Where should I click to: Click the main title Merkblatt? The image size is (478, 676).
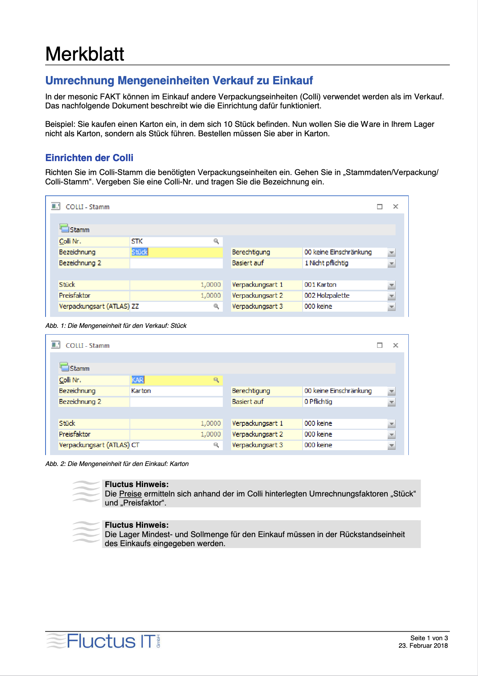pos(85,54)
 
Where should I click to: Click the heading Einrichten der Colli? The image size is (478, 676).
pos(89,158)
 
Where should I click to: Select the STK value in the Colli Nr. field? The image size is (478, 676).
pos(137,241)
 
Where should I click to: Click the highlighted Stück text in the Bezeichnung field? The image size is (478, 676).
pos(140,252)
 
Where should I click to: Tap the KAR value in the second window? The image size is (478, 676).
pos(138,380)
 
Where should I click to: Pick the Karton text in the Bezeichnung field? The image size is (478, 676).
pos(141,391)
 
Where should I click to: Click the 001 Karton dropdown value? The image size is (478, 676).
pos(320,285)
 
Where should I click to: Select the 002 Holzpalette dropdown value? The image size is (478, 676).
pos(327,295)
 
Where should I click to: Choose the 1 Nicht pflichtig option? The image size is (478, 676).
pos(326,263)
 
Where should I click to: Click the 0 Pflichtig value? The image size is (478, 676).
pos(318,402)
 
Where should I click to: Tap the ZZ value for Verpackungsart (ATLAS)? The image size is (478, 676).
pos(135,306)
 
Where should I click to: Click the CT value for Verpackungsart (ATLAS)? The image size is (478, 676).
pos(135,445)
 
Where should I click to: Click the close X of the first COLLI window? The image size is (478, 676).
pos(396,206)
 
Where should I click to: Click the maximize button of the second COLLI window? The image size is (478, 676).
pos(379,345)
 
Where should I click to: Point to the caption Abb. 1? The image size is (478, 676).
pos(116,326)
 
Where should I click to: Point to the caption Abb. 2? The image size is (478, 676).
pos(117,464)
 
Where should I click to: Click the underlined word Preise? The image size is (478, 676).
pos(130,494)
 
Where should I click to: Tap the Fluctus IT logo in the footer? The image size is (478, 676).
pos(104,641)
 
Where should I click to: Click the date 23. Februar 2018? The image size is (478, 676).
pos(423,646)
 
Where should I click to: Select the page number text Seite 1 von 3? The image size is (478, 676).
pos(429,638)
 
